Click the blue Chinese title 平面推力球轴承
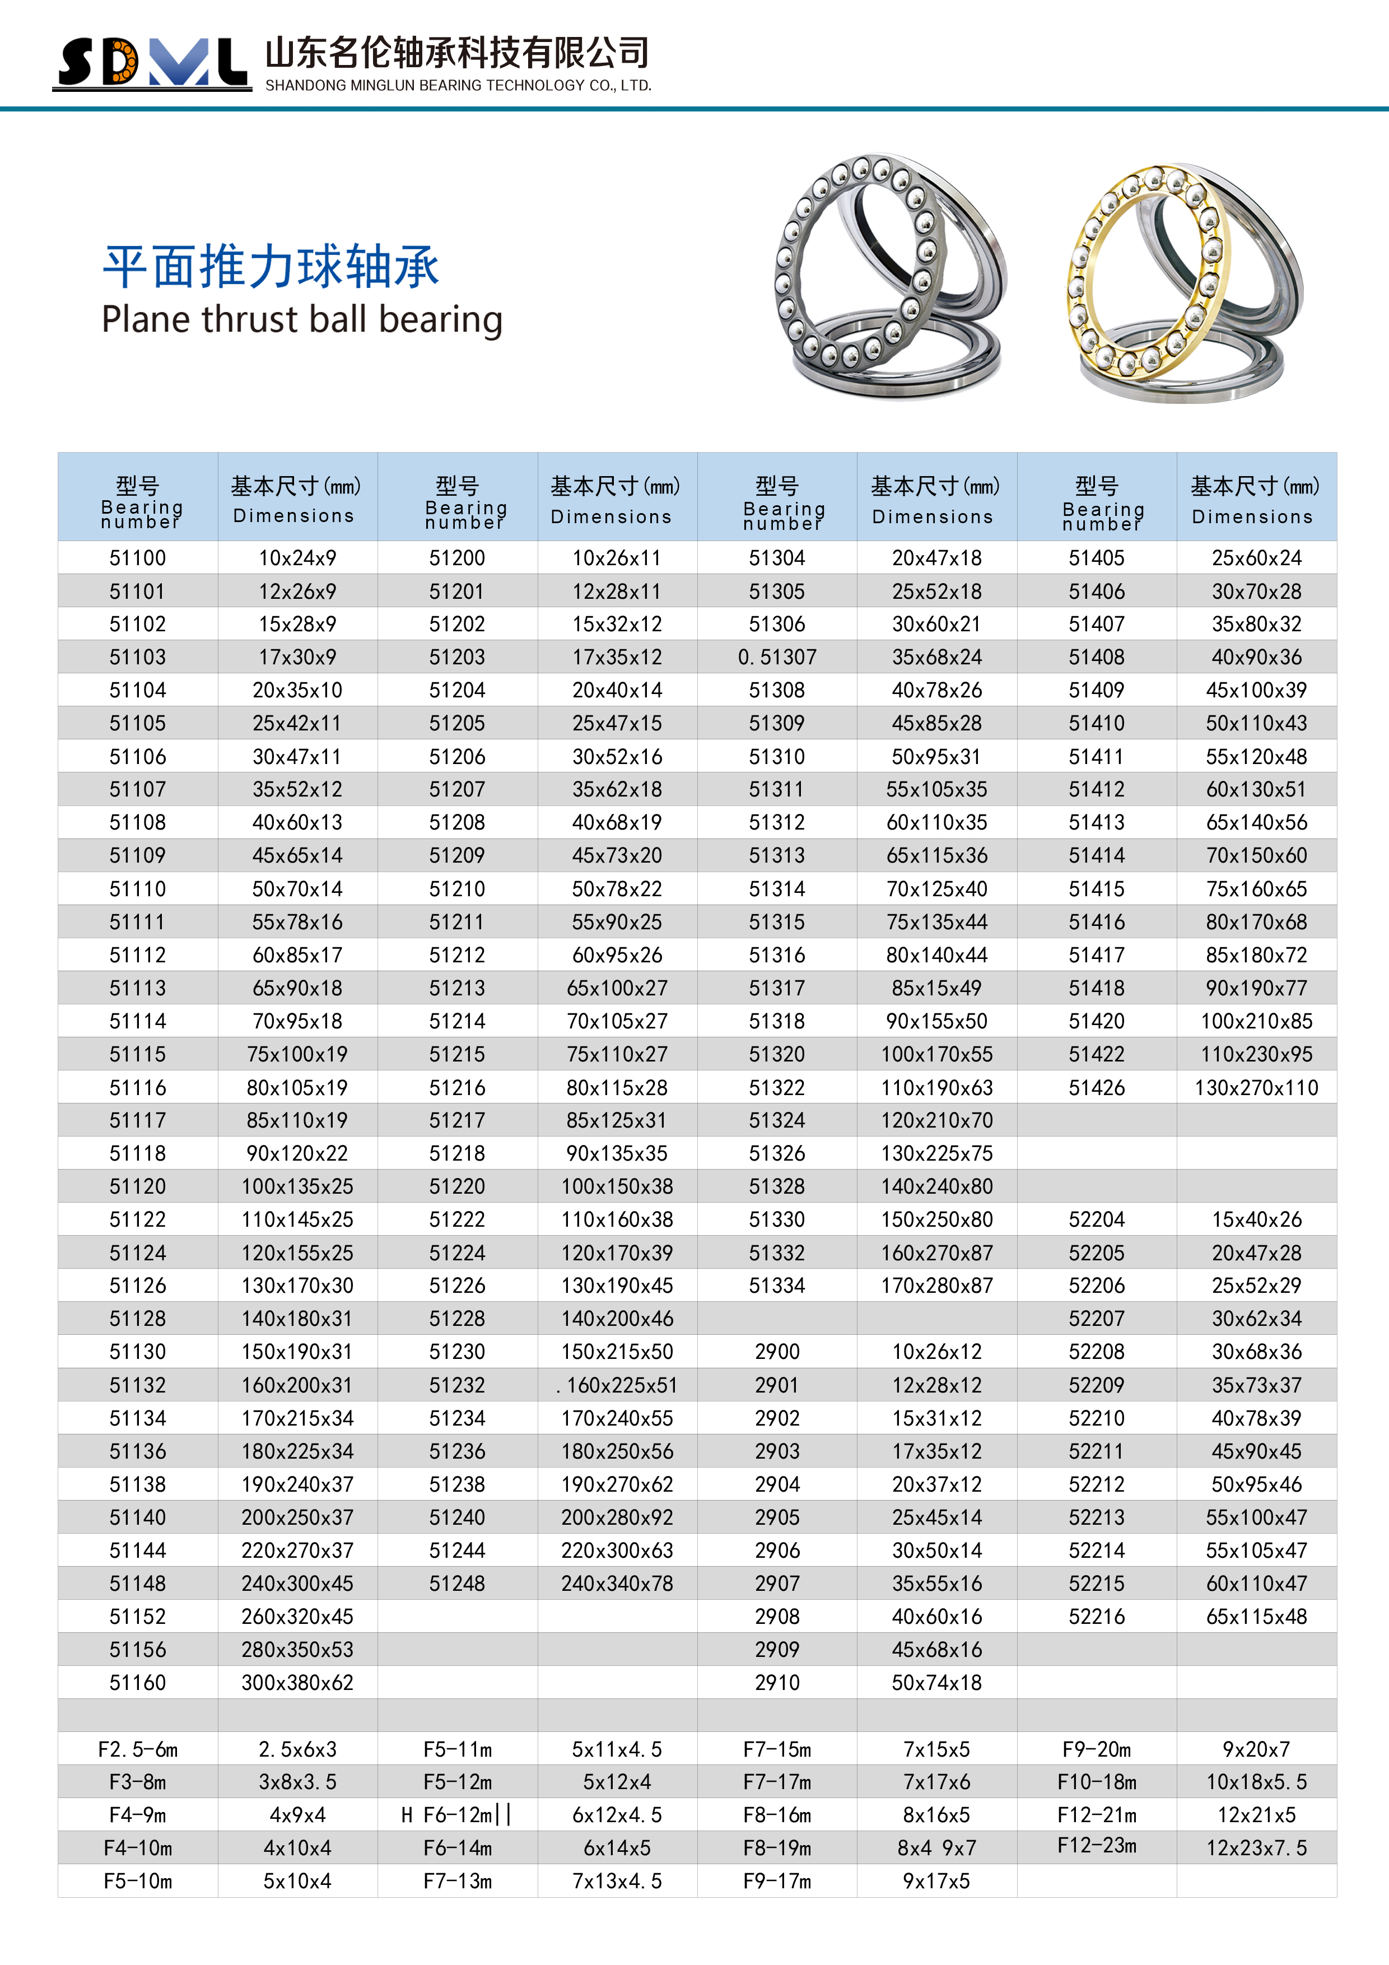(x=271, y=266)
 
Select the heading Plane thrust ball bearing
(x=301, y=320)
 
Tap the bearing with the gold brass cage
(x=1183, y=282)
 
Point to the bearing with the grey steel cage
(x=890, y=276)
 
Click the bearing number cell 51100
(x=138, y=558)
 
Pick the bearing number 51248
(x=457, y=1584)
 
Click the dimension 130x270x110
(x=1256, y=1088)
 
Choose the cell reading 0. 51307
(x=777, y=657)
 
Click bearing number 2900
(x=777, y=1352)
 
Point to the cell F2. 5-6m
(x=138, y=1749)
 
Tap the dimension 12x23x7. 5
(x=1256, y=1848)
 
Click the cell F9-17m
(x=777, y=1881)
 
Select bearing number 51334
(x=777, y=1286)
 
